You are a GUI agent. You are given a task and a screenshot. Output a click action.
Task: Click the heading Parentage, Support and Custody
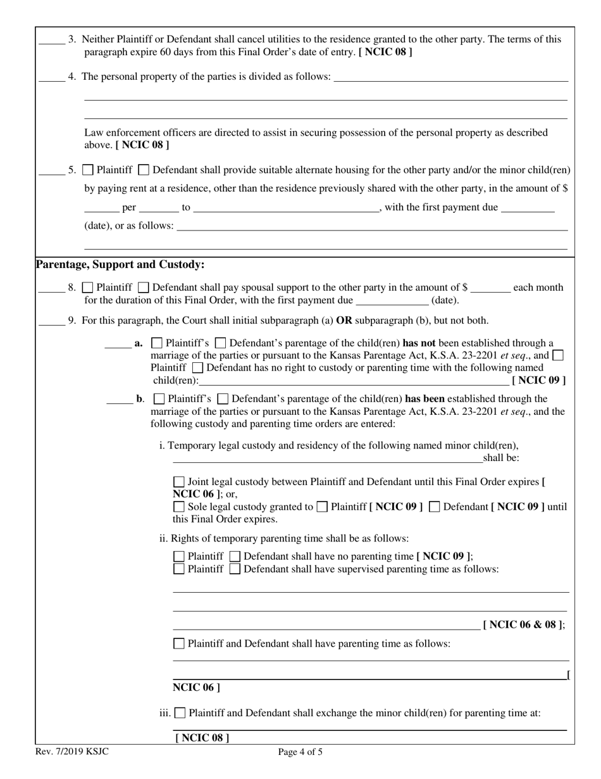click(x=120, y=264)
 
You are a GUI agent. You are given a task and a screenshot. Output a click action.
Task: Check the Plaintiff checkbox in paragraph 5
click(x=89, y=170)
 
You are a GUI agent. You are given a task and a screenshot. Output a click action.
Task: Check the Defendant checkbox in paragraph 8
click(x=143, y=288)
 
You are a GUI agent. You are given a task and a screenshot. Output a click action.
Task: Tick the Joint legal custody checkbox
click(x=179, y=482)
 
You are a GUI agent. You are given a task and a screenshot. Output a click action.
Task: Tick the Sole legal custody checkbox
click(x=179, y=507)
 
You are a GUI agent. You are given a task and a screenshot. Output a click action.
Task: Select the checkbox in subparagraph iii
click(x=180, y=712)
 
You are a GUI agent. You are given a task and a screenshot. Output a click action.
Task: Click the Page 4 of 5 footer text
click(x=300, y=752)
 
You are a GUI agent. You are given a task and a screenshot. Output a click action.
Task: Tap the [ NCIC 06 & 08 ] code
click(x=523, y=624)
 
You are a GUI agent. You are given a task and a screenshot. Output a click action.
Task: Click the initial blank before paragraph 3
click(x=52, y=42)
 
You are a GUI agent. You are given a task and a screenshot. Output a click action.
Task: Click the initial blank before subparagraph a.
click(x=118, y=347)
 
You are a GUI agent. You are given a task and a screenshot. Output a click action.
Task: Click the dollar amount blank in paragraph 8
click(x=491, y=291)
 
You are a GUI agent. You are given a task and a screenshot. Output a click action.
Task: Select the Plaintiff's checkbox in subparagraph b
click(x=159, y=399)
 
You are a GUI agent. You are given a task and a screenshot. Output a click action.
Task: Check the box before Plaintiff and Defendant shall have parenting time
click(x=179, y=644)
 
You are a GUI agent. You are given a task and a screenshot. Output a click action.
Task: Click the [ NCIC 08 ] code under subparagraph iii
click(x=202, y=738)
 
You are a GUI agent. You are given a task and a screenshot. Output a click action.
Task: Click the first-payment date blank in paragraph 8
click(x=392, y=304)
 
